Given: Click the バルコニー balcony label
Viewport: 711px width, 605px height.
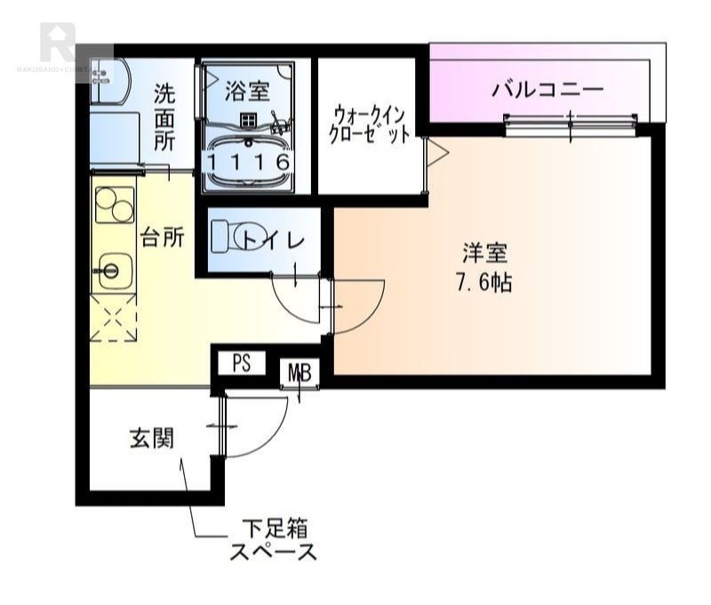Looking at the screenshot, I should pos(547,90).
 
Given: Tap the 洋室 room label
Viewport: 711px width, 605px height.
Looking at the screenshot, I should pos(484,254).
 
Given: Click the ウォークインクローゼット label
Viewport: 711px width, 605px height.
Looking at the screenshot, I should pos(371,125).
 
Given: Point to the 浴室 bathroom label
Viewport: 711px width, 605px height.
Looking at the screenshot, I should pos(246,90).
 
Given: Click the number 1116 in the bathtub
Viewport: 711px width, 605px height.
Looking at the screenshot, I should pos(249,163).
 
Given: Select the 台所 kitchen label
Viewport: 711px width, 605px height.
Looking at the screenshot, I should pos(163,237).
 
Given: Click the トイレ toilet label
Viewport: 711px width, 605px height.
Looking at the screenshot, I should pos(272,239).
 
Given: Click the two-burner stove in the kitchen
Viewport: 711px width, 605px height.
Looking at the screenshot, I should pos(112,208).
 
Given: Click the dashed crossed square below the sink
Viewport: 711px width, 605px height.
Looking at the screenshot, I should pos(113,321).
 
